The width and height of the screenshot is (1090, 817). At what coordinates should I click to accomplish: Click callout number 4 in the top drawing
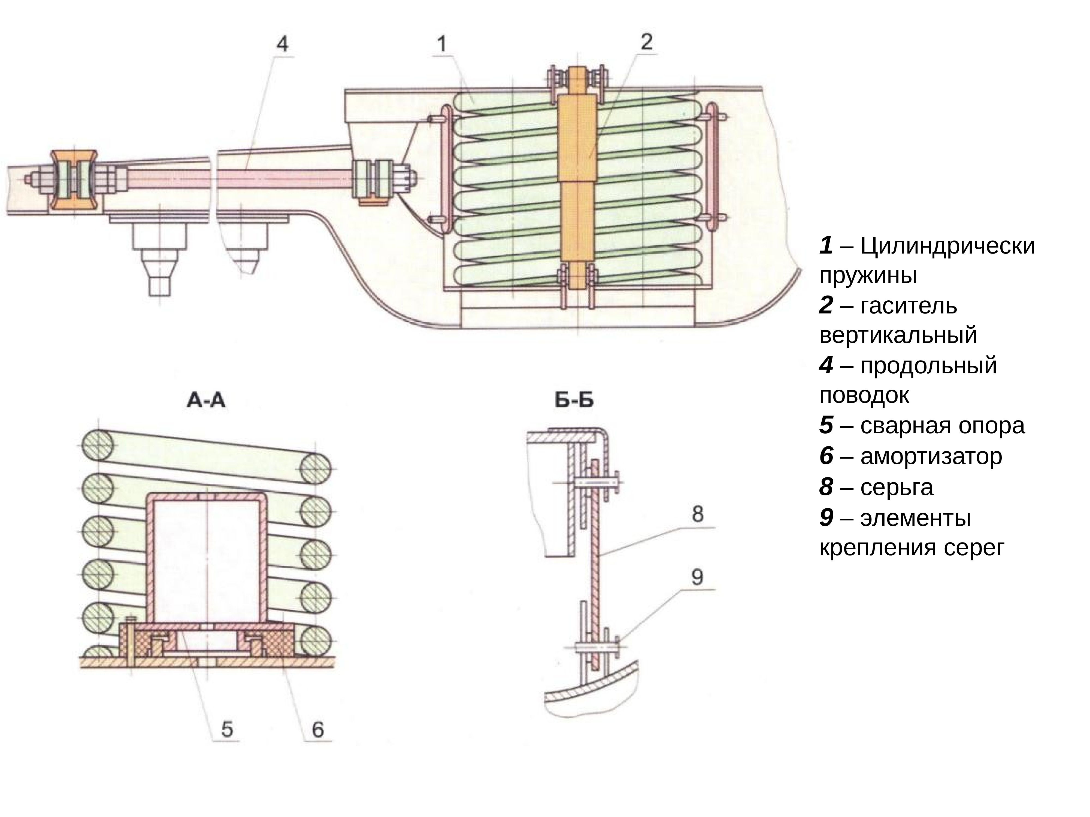tap(282, 45)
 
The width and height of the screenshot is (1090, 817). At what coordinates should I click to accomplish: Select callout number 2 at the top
tap(647, 42)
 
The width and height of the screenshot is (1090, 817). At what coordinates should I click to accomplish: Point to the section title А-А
tap(206, 400)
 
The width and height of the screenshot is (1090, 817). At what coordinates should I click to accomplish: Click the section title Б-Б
tap(574, 400)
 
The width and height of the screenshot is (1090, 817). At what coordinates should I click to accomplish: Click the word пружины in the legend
tap(868, 276)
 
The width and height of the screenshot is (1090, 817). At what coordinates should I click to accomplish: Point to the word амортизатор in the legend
tap(931, 456)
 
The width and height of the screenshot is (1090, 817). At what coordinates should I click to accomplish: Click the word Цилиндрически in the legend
tap(947, 246)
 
